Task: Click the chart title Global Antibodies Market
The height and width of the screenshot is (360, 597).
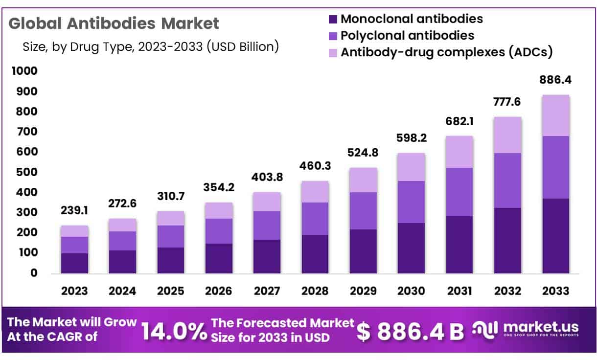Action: pos(114,23)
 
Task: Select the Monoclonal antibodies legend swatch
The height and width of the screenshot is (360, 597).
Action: pos(333,20)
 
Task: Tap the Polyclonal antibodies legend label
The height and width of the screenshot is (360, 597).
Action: pos(407,36)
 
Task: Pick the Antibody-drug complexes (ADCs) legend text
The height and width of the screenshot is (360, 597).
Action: pos(446,52)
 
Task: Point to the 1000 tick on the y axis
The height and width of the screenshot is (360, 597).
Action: pos(24,71)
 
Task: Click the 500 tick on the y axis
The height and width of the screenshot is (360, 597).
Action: pos(27,172)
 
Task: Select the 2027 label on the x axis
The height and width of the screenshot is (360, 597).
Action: pos(267,291)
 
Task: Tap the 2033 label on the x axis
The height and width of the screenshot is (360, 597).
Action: pos(555,291)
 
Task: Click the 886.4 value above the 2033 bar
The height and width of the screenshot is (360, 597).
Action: pos(555,80)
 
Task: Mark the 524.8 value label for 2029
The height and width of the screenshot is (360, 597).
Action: pos(363,153)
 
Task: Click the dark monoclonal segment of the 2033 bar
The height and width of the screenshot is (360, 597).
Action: pos(555,236)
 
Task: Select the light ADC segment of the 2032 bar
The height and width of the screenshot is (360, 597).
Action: pos(507,135)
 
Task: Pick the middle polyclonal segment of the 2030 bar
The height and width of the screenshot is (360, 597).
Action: pos(411,202)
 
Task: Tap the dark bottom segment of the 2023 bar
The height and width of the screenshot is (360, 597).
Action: pos(74,263)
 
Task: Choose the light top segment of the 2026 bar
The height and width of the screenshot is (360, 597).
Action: pos(219,210)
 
